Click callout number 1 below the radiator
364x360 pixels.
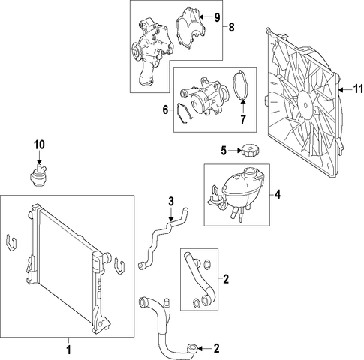(68, 349)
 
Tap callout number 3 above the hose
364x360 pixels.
(171, 202)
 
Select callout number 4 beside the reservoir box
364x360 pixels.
(278, 194)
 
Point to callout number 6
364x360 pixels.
(165, 109)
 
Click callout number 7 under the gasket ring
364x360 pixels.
(243, 119)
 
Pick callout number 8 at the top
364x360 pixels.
(232, 27)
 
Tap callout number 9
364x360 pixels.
(217, 17)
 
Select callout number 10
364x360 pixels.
(39, 145)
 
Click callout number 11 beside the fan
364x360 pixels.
(358, 89)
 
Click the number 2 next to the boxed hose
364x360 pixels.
(226, 279)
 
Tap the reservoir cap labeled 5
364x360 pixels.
(248, 150)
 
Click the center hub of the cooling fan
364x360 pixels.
(305, 105)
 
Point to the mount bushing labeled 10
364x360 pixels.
(37, 177)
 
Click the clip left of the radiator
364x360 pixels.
(11, 242)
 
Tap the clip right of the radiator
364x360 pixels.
(119, 265)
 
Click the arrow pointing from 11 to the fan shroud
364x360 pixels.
(345, 89)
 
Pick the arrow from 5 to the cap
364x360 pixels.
(234, 151)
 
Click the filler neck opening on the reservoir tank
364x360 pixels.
(251, 172)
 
